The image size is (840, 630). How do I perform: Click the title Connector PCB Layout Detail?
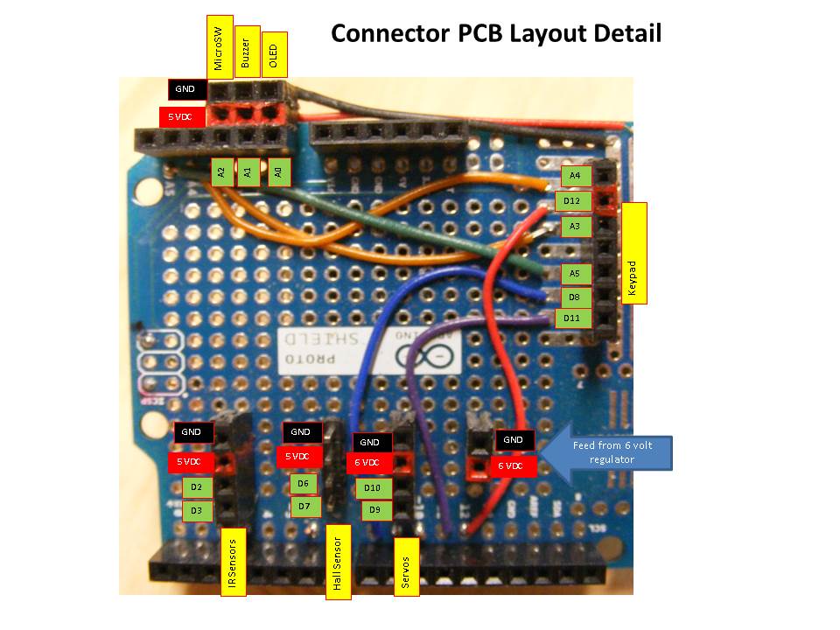[495, 34]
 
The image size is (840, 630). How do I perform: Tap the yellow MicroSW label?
[220, 48]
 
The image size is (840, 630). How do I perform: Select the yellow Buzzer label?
[248, 51]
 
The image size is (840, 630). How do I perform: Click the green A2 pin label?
[222, 172]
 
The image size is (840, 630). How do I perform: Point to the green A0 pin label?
[278, 172]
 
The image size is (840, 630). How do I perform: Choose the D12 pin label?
[573, 201]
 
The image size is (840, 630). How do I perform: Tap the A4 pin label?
[574, 176]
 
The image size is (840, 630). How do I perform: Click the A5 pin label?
[574, 274]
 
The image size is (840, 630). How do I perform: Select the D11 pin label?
[573, 318]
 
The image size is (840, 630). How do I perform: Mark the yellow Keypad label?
[633, 253]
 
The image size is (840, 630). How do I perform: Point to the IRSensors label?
[232, 562]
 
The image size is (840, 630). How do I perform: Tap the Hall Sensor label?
[338, 562]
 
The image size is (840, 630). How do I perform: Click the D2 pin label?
[197, 486]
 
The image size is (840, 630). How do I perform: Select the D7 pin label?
[304, 506]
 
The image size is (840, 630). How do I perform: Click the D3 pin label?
[197, 509]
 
